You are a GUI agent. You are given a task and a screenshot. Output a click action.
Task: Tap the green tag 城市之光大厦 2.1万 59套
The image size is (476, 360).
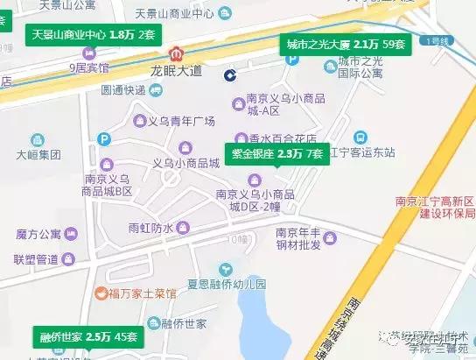coord(346,44)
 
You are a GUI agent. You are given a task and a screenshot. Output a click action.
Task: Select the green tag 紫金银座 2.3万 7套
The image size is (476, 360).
coord(276,154)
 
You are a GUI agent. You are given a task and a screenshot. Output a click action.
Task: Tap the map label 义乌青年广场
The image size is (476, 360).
coord(185,121)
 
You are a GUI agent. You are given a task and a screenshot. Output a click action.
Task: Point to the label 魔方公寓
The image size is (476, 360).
coord(38,234)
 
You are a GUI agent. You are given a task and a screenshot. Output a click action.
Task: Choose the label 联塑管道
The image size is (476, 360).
coord(37,258)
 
